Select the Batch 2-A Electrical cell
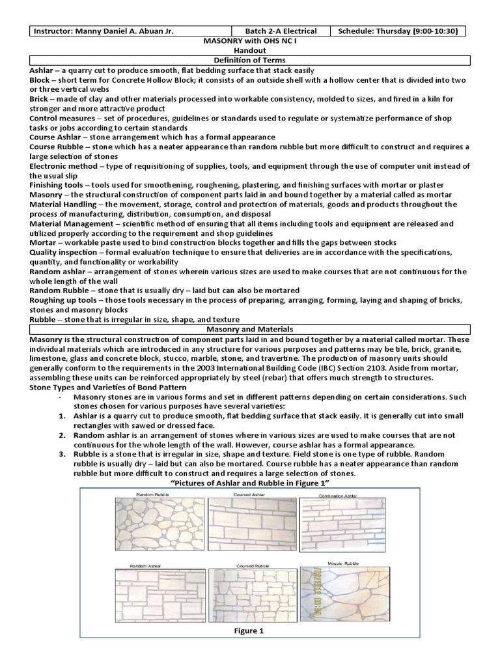click(281, 31)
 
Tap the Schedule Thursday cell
click(400, 31)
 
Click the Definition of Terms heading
click(249, 61)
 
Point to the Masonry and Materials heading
click(249, 330)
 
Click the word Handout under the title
click(249, 50)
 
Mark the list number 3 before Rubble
click(62, 454)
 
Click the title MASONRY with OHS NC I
click(249, 40)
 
